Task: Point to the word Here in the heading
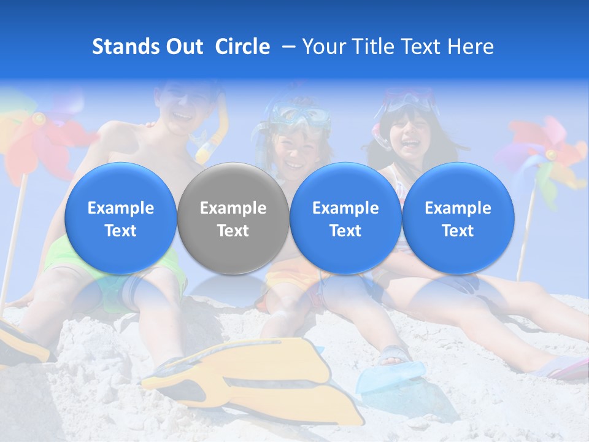click(471, 47)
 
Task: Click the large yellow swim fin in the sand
click(258, 374)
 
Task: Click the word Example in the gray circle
click(233, 208)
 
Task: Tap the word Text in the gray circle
click(233, 231)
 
